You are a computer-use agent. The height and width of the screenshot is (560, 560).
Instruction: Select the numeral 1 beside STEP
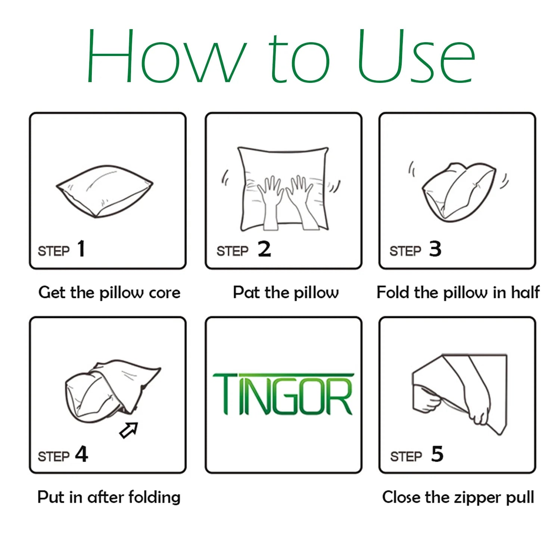pos(81,249)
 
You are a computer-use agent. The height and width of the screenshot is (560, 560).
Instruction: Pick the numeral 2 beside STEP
pos(264,249)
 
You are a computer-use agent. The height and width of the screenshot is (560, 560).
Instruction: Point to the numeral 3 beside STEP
pos(435,249)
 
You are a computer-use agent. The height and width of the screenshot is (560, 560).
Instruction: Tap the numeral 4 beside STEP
pos(82,454)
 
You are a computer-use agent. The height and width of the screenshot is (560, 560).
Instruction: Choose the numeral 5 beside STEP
pos(437,454)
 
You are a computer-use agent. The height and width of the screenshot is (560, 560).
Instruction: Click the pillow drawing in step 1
pos(105,191)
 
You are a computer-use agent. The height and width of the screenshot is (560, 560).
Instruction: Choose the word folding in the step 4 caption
pos(154,497)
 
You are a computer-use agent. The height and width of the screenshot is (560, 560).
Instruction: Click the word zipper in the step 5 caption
pos(478,498)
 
